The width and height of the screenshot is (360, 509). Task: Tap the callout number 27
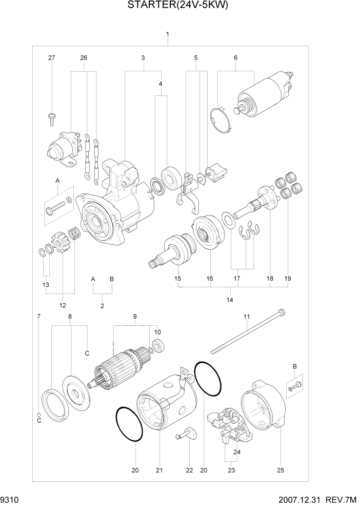tap(51, 58)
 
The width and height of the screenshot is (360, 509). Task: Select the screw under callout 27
tap(52, 118)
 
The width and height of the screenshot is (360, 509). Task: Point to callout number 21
tap(159, 471)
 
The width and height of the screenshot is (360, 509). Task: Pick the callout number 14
tap(229, 299)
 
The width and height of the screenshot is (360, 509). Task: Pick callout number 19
tap(288, 279)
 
